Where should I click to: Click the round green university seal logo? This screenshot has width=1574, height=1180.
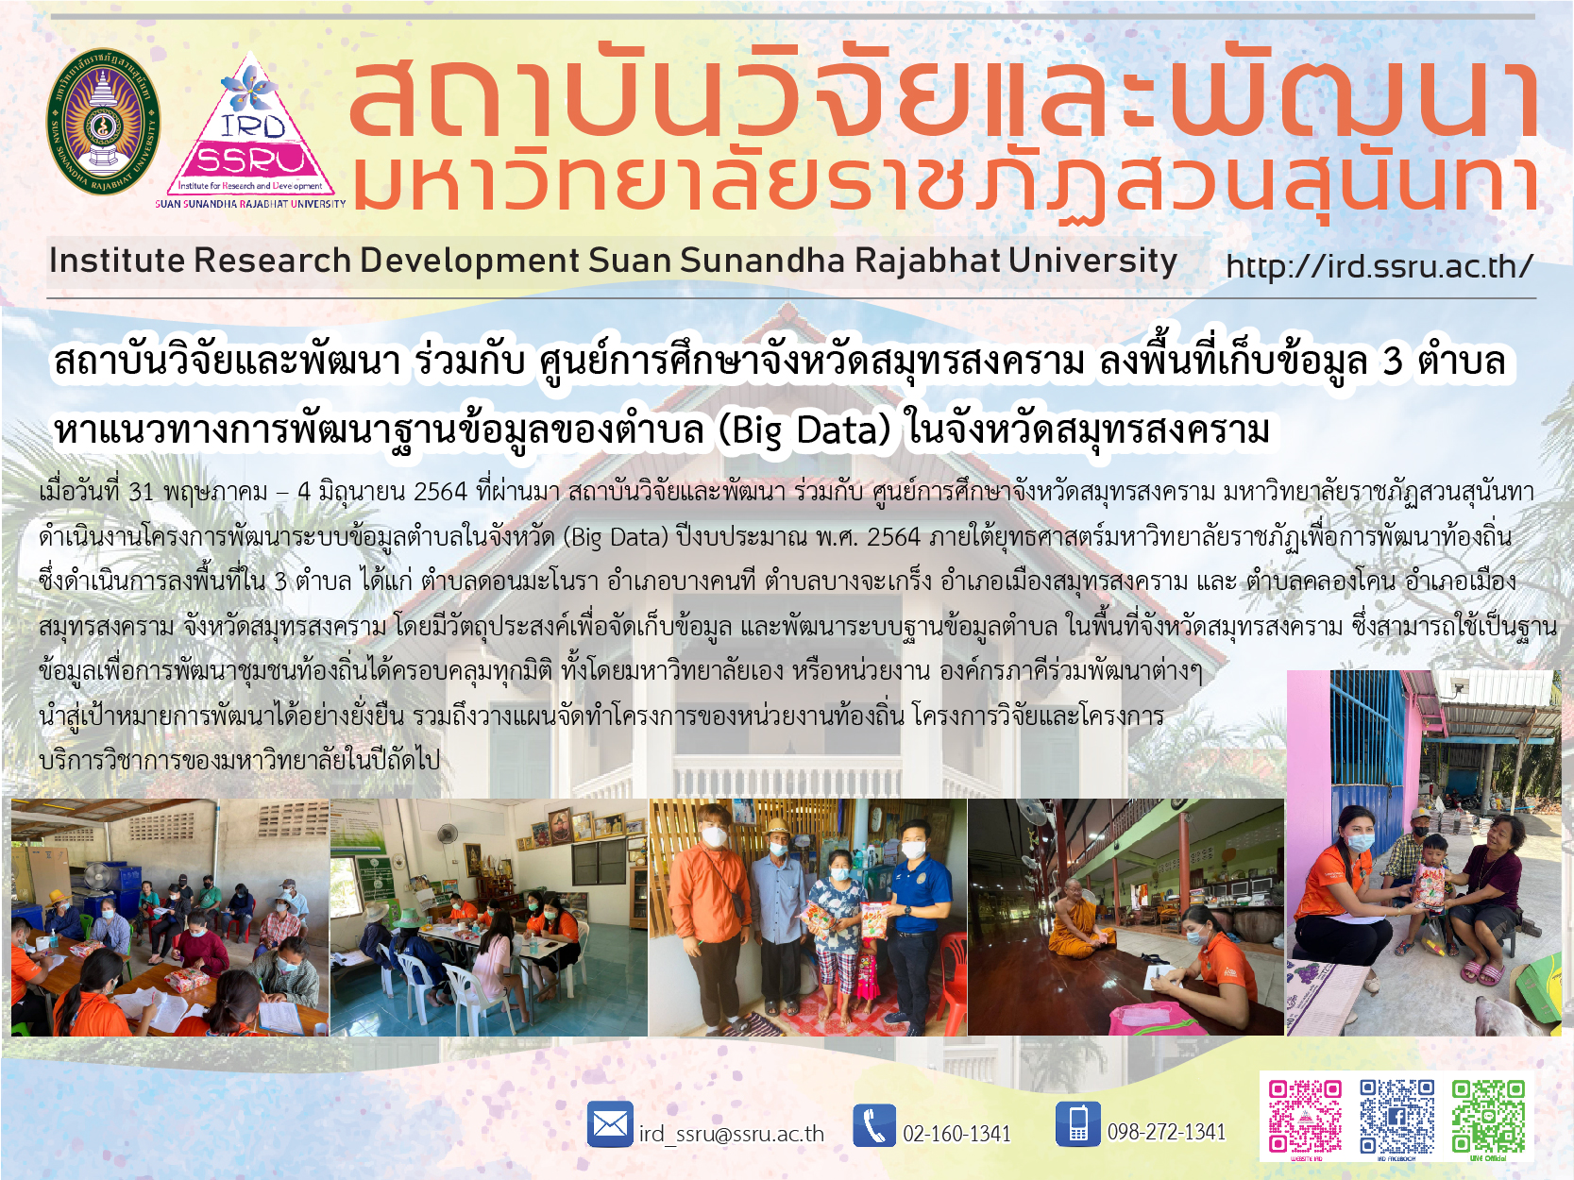click(103, 122)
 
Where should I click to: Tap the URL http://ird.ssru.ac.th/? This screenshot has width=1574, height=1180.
click(1379, 267)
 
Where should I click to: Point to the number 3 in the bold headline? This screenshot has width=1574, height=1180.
click(1392, 362)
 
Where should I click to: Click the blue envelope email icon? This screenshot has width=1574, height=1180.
click(610, 1124)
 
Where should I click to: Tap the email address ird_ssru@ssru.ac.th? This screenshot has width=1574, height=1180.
click(732, 1134)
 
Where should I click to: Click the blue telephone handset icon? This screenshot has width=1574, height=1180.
click(874, 1125)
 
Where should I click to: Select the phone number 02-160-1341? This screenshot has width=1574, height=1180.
click(956, 1134)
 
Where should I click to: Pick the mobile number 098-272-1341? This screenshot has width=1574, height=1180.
click(1167, 1132)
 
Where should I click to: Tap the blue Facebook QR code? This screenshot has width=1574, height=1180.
click(1396, 1116)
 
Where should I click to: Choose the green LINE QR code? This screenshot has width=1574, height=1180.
click(1489, 1116)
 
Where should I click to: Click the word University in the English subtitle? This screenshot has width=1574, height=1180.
click(1092, 261)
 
